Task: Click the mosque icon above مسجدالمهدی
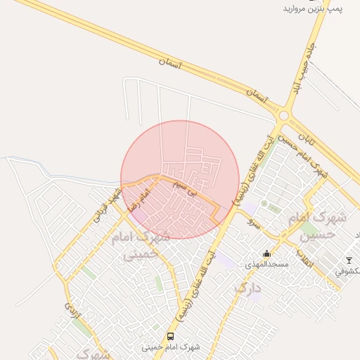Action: coord(266,254)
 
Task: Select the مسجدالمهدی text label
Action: coord(266,264)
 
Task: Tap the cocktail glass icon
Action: coord(349,260)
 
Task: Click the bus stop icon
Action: coord(170,336)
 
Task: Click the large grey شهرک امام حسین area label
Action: coord(318,226)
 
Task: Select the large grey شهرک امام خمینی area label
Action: coord(141,245)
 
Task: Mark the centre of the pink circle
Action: coord(180,179)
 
